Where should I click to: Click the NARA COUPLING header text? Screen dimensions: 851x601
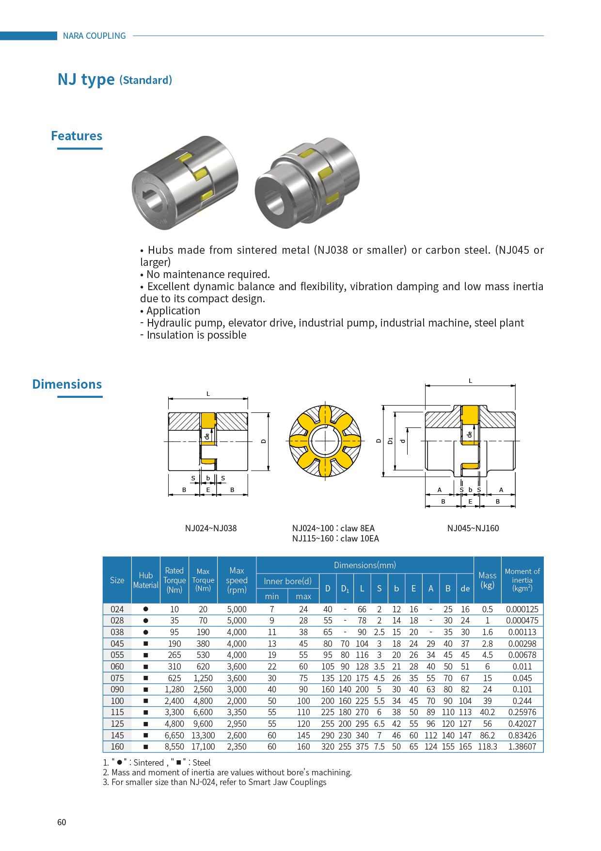(x=94, y=36)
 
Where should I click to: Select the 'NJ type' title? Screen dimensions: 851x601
(x=86, y=79)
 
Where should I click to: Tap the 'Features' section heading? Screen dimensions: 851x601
(x=77, y=136)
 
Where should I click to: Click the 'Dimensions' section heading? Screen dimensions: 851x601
(x=67, y=384)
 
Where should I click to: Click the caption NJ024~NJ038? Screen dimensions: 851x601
(x=211, y=528)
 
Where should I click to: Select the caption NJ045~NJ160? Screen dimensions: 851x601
(x=473, y=528)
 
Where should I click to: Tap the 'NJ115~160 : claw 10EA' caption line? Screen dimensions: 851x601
(x=335, y=539)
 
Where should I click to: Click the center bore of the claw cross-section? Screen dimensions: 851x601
(x=325, y=441)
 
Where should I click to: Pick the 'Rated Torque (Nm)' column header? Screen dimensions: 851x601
(x=174, y=580)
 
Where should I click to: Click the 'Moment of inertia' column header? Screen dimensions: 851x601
(x=522, y=580)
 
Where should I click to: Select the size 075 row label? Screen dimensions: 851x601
(x=117, y=678)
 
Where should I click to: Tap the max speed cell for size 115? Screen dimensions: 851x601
(x=237, y=712)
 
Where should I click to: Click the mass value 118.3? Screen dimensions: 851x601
(x=487, y=747)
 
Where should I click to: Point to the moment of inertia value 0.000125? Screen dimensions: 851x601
(x=522, y=609)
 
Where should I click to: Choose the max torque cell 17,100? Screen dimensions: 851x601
(x=203, y=747)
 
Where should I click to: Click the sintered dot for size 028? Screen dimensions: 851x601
(x=145, y=621)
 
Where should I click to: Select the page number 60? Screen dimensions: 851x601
(x=62, y=822)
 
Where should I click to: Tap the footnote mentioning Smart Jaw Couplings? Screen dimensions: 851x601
(x=215, y=782)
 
